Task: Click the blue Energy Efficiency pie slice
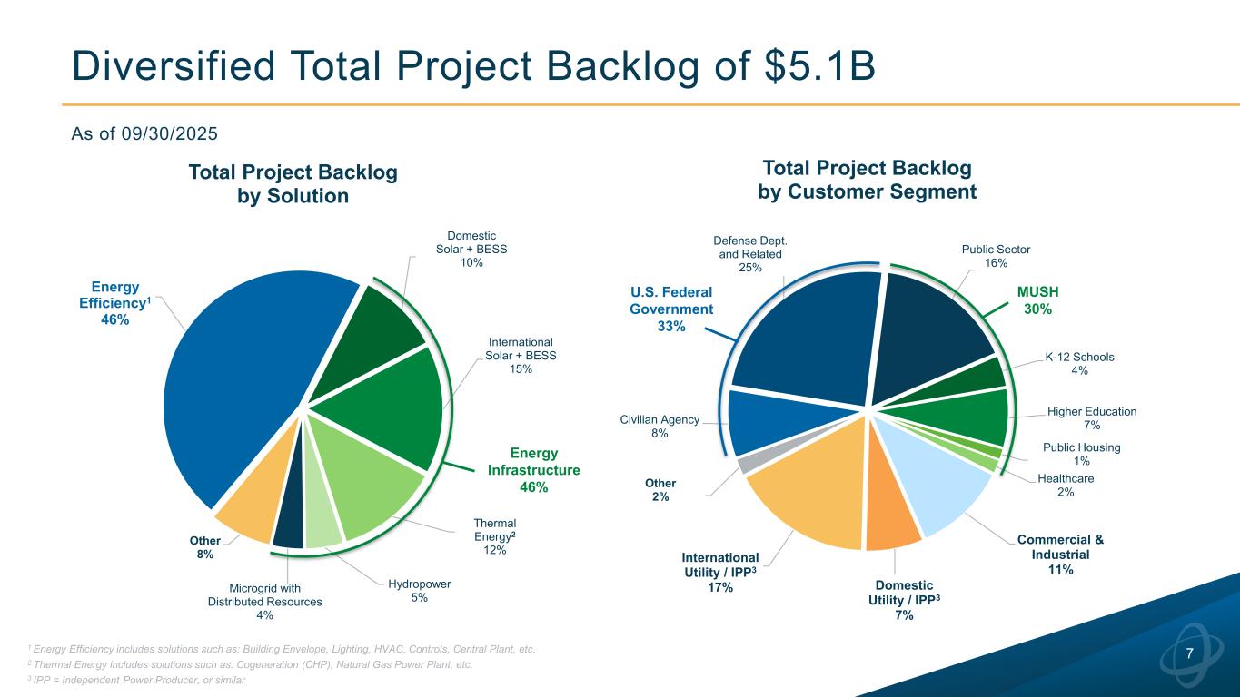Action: click(x=245, y=381)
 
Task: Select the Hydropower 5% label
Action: click(x=419, y=591)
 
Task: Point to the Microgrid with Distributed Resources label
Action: click(x=264, y=602)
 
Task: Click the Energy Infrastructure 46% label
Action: click(x=533, y=470)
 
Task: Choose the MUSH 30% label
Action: click(x=1037, y=300)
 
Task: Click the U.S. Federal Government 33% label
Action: click(x=671, y=309)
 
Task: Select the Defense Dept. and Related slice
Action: click(x=804, y=336)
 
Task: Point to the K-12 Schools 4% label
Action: click(x=1079, y=363)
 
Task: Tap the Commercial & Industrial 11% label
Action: click(x=1060, y=555)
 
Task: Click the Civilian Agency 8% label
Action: click(x=660, y=427)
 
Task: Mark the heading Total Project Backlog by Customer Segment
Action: click(x=867, y=180)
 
